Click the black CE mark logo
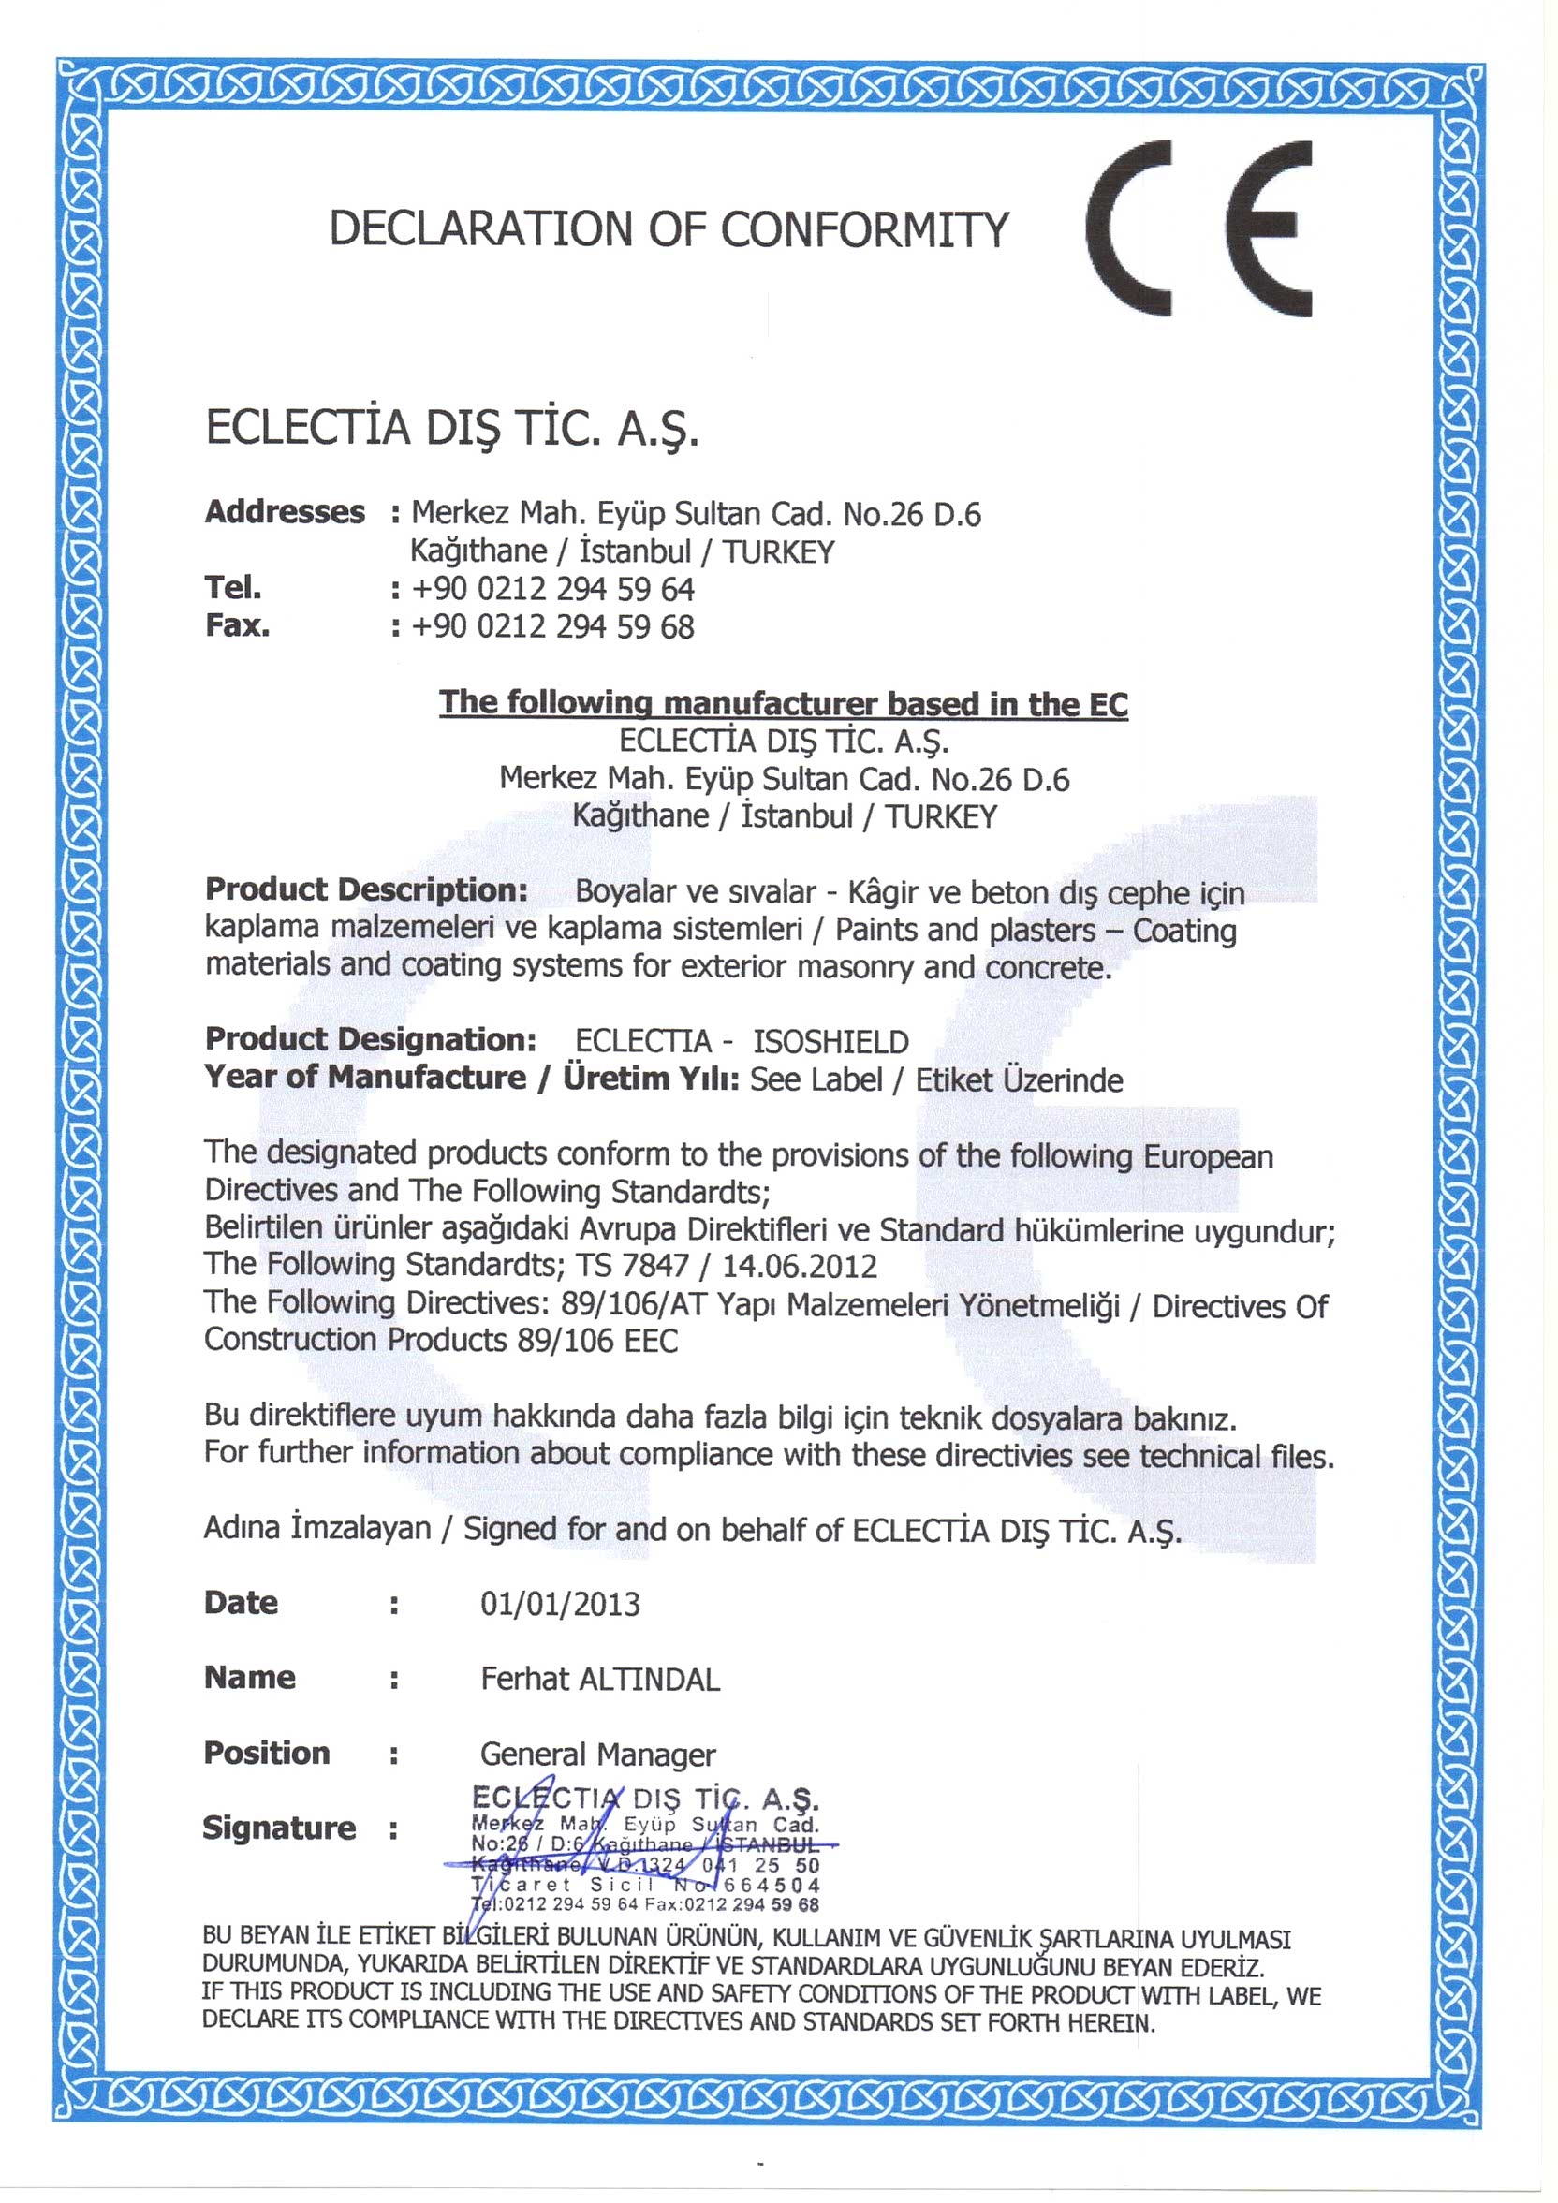tap(1199, 228)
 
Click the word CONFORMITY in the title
tap(864, 230)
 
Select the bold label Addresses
tap(285, 511)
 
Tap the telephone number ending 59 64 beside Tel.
tap(552, 588)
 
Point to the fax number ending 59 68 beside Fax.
tap(552, 626)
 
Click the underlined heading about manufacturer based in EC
tap(783, 703)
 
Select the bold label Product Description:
tap(366, 889)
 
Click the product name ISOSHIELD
tap(830, 1041)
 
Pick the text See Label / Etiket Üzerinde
tap(935, 1080)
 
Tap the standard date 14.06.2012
tap(800, 1266)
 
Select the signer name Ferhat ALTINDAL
tap(599, 1679)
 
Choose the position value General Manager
tap(597, 1755)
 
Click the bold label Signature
tap(278, 1828)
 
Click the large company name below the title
tap(452, 428)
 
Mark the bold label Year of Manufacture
tap(364, 1078)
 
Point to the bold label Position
tap(267, 1753)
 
